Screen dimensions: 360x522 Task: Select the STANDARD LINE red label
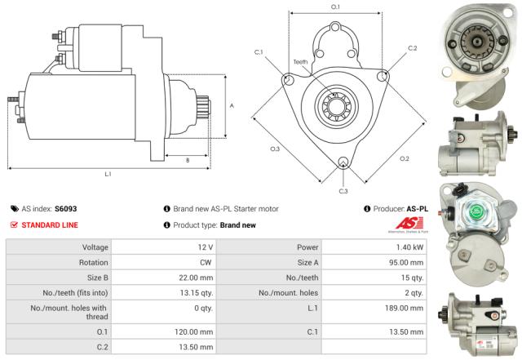tap(51, 224)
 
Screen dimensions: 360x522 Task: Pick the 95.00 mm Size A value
tap(407, 264)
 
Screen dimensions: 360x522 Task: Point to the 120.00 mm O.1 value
tap(197, 332)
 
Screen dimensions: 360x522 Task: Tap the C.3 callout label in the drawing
tap(343, 191)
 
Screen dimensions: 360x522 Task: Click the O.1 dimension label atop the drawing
tap(335, 7)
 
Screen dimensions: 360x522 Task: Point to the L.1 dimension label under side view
tap(108, 174)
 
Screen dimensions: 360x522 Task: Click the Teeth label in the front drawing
tap(300, 62)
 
